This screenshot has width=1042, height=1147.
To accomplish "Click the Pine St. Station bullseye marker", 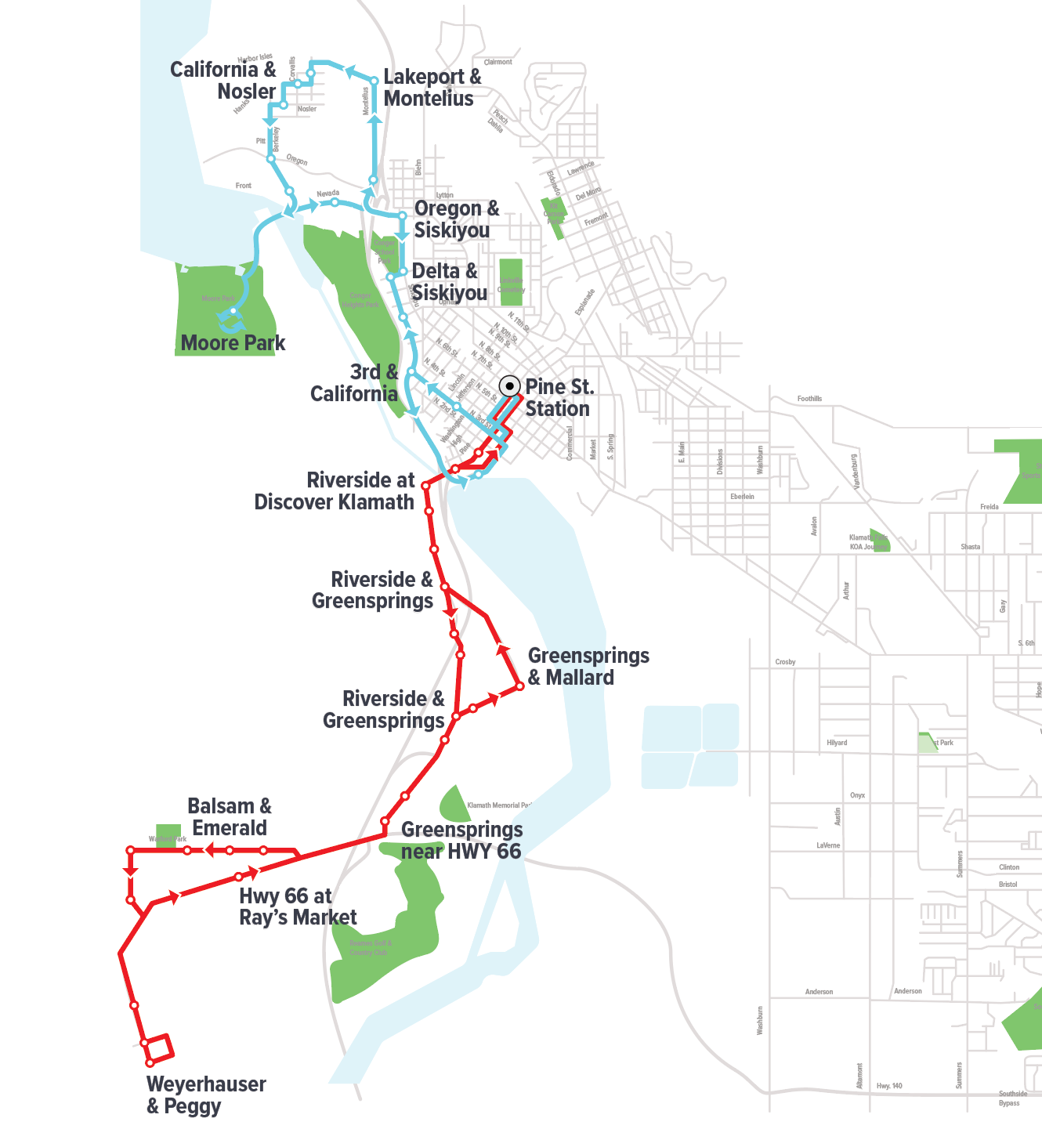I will (x=509, y=386).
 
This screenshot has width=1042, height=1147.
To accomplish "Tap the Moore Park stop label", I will (x=233, y=343).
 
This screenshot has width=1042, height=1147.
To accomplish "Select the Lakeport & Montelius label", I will (x=432, y=88).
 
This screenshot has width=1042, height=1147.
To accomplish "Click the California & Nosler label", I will (x=223, y=81).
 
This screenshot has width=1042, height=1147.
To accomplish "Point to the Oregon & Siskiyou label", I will (x=456, y=219).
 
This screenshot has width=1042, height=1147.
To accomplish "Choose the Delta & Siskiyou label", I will (x=449, y=282).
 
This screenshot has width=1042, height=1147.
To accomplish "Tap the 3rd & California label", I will (x=355, y=383).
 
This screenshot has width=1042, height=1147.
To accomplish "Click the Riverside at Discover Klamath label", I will (x=335, y=491).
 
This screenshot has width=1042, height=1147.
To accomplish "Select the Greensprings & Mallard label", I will (x=588, y=667).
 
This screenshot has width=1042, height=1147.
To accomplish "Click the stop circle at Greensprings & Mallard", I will (x=519, y=686).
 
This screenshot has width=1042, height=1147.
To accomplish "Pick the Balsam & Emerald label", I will (x=230, y=817).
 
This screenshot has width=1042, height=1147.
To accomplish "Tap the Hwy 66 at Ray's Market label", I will (x=298, y=907).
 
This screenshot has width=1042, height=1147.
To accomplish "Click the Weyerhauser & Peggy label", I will (x=206, y=1095).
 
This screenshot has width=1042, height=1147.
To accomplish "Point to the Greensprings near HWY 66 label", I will (x=461, y=841).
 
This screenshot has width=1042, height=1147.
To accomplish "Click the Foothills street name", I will (x=809, y=399).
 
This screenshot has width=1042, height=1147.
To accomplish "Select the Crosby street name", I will (x=785, y=662).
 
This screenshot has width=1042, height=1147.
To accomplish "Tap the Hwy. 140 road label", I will (x=889, y=1086).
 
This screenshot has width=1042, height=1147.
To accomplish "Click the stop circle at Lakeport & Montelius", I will (x=374, y=81).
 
